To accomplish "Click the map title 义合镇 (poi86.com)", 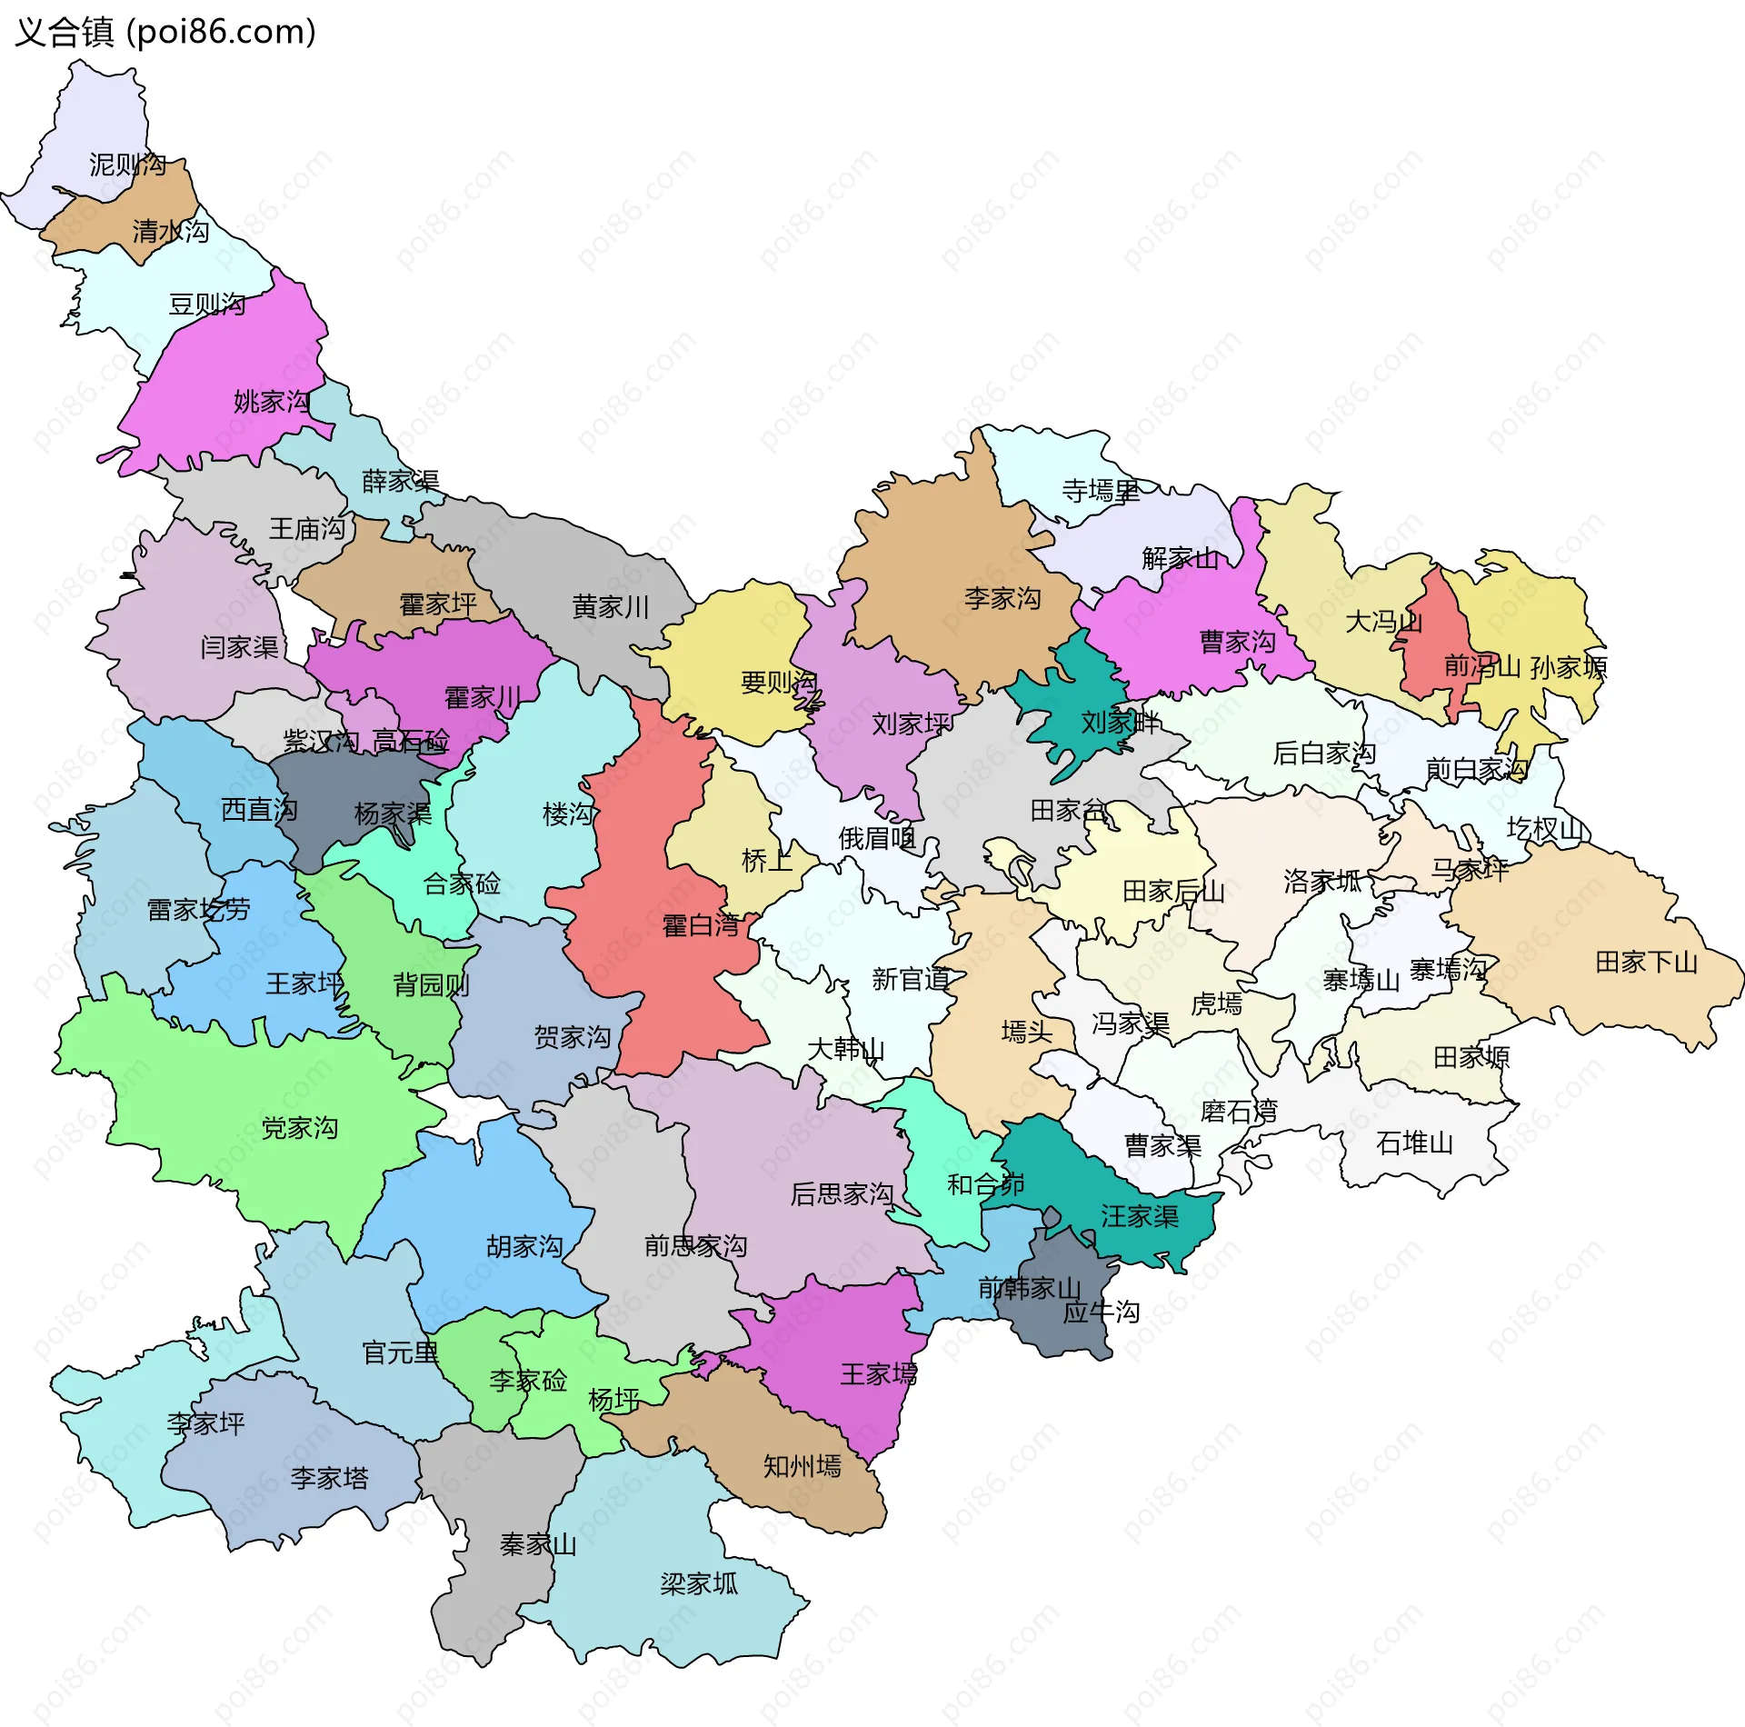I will tap(165, 32).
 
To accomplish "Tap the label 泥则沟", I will tap(127, 165).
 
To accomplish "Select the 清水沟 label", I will tap(170, 231).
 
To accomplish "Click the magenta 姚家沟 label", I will tap(272, 401).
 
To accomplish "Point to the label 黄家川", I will tap(610, 606).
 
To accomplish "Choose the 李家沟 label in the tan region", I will tap(1002, 598).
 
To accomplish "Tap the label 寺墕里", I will tap(1100, 492).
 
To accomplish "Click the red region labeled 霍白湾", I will tap(701, 926).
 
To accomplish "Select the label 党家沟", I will tap(299, 1128).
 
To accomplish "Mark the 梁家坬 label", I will tap(699, 1584).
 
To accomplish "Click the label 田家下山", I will tap(1646, 962).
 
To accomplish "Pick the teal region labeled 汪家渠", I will tap(1139, 1216).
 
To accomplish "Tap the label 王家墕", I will tap(878, 1373).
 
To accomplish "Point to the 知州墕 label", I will tap(802, 1465).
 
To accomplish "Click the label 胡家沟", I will tap(524, 1246).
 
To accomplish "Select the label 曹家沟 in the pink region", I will tap(1237, 642).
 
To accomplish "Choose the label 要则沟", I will tap(779, 682).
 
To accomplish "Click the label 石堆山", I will tap(1414, 1143).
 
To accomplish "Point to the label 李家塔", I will tap(329, 1478).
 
